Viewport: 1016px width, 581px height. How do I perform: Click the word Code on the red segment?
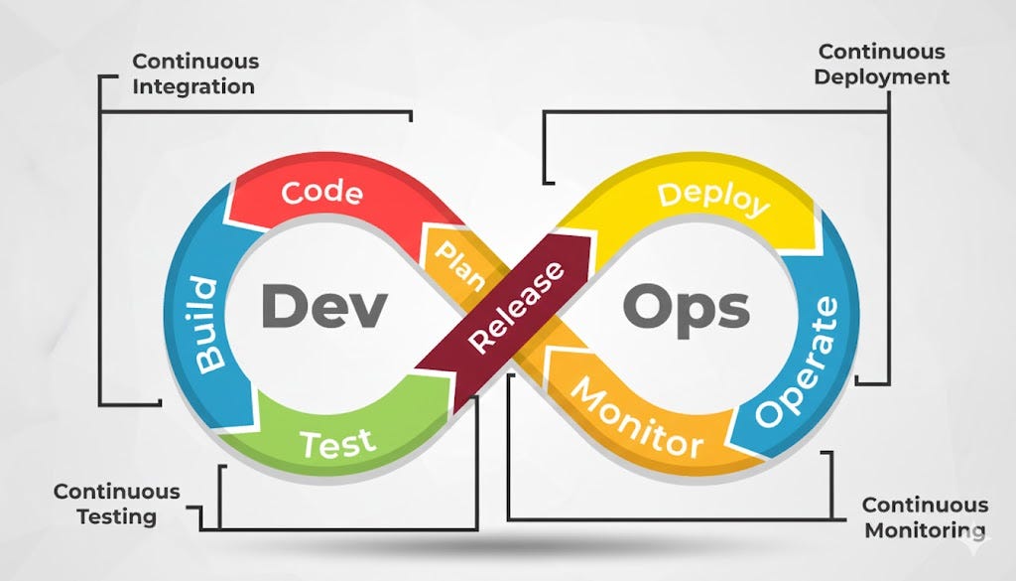click(319, 193)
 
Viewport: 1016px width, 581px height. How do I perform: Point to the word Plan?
click(459, 261)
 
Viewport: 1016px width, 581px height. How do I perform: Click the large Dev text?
click(322, 306)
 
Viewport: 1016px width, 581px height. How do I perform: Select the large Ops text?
click(685, 307)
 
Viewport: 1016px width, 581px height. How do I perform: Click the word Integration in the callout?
click(193, 86)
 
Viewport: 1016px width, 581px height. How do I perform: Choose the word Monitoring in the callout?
click(924, 529)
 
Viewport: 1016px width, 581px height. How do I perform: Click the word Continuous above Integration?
click(195, 63)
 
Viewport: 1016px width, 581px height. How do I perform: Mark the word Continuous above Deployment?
click(881, 53)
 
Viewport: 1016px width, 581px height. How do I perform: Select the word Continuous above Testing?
click(117, 492)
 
